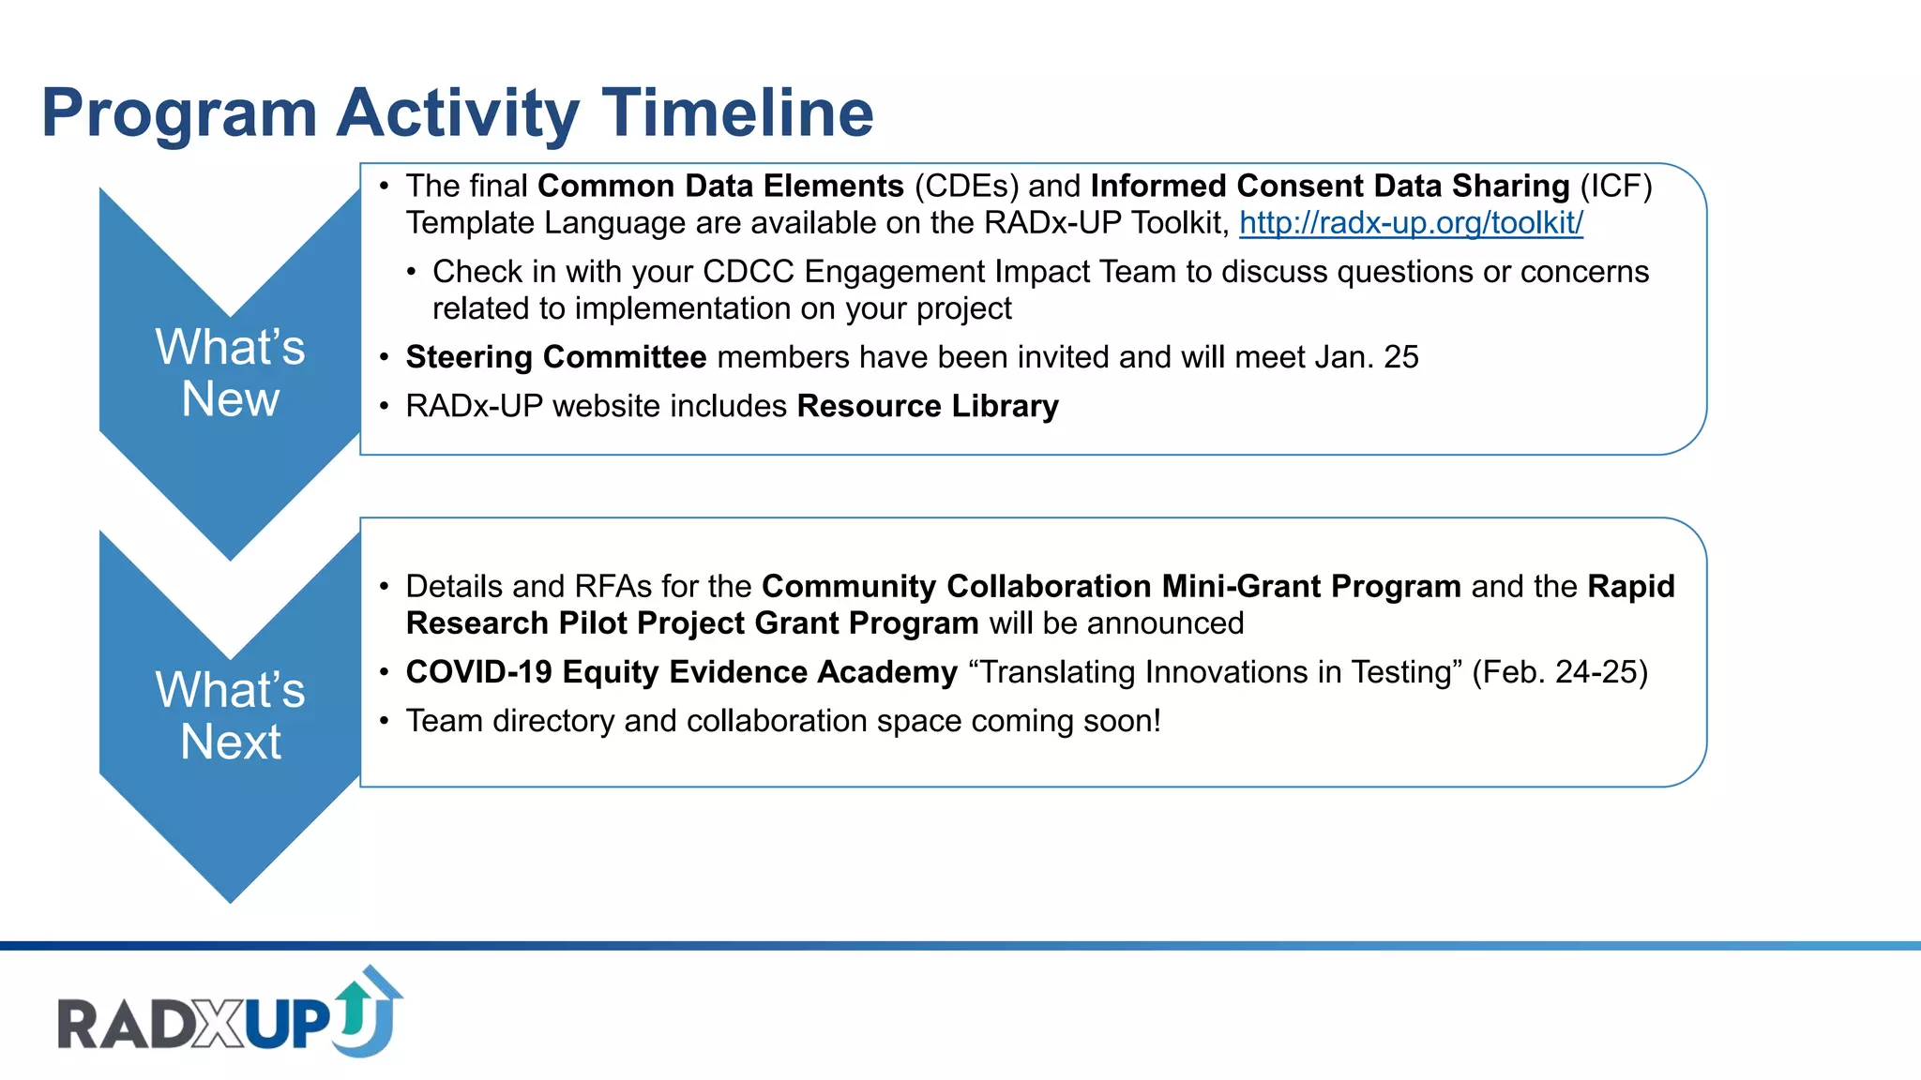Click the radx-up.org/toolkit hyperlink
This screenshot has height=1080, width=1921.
click(1411, 223)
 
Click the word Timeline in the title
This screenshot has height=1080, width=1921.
click(737, 113)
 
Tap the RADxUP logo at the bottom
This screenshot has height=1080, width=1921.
click(230, 1015)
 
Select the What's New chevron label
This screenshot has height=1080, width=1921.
click(230, 373)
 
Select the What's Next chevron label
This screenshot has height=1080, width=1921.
click(230, 716)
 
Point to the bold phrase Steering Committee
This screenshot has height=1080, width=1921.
click(555, 357)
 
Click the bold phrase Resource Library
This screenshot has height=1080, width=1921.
click(927, 406)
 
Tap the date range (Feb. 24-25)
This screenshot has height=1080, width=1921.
click(1559, 672)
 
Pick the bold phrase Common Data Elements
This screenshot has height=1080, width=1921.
click(720, 186)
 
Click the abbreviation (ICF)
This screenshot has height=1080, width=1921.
click(1615, 186)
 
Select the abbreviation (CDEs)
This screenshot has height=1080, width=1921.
click(966, 186)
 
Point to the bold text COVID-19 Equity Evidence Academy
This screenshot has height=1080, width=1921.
click(681, 672)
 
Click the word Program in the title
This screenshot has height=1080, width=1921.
click(179, 113)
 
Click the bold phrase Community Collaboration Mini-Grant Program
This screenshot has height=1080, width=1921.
click(1111, 586)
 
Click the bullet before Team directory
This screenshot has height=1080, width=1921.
click(384, 721)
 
